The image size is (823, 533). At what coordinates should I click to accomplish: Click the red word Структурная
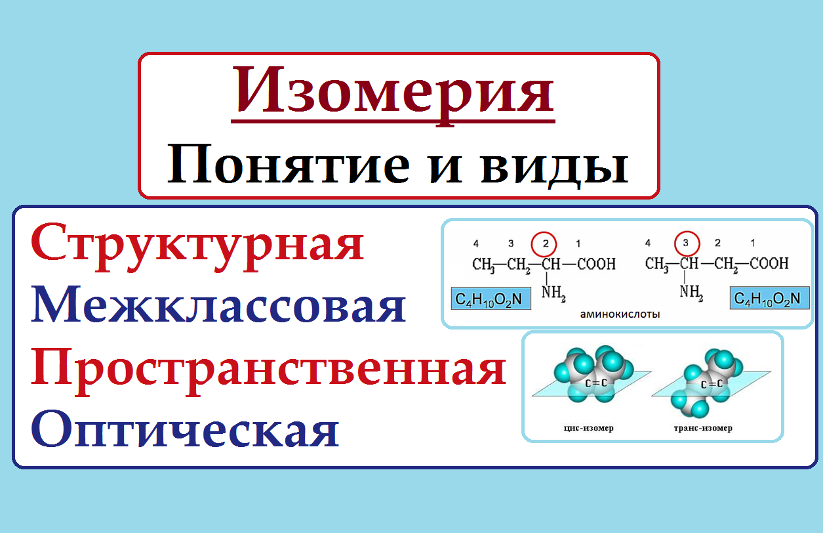[x=197, y=243]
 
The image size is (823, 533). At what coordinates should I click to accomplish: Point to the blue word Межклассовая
[x=218, y=307]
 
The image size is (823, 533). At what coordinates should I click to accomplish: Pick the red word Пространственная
[x=268, y=369]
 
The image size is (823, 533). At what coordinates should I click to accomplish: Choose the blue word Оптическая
[x=185, y=431]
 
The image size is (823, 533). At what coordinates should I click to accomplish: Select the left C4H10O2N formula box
[x=487, y=299]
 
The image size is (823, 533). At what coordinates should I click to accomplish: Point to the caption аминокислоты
[x=620, y=314]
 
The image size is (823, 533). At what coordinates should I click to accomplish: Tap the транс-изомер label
[x=703, y=428]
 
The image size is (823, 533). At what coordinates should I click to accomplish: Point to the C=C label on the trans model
[x=712, y=384]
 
